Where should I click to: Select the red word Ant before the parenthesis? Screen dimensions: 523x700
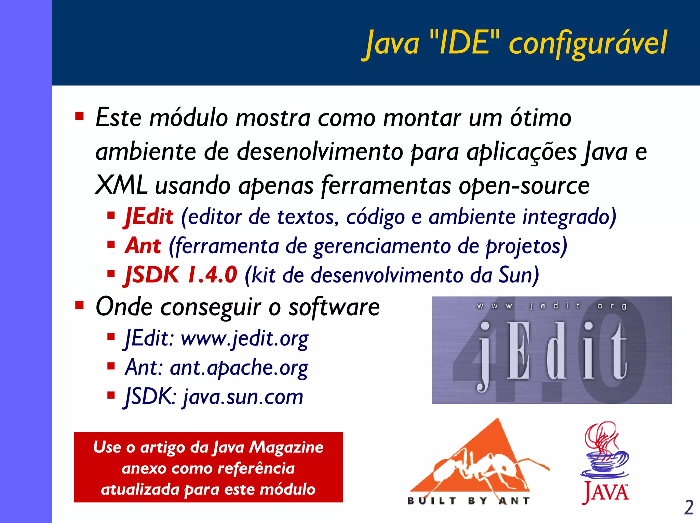(x=143, y=246)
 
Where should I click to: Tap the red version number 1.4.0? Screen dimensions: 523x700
(x=212, y=275)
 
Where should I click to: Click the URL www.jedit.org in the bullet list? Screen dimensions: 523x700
(x=244, y=339)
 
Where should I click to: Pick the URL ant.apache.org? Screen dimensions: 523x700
(x=239, y=368)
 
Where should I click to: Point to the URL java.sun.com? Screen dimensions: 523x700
(x=243, y=397)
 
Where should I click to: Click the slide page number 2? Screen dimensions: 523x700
(x=688, y=508)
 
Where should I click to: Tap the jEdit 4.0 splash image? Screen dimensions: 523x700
(x=551, y=350)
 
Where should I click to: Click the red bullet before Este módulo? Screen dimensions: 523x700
(x=80, y=116)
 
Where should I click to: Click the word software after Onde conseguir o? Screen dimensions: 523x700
(x=334, y=307)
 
